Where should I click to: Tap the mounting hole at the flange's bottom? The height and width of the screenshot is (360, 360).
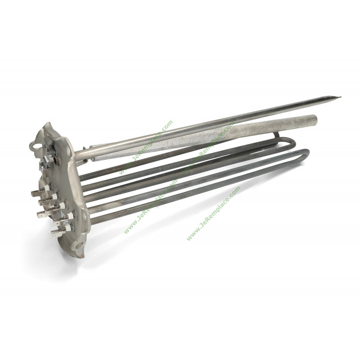pos(79,246)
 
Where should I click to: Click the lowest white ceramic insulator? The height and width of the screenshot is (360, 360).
pos(68,228)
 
